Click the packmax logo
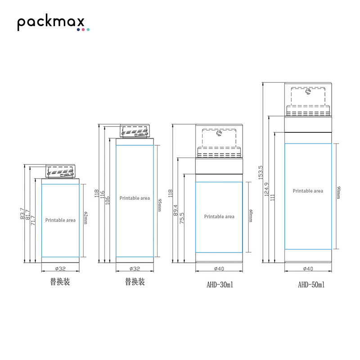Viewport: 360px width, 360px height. click(x=53, y=22)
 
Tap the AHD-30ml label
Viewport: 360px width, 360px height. click(x=220, y=285)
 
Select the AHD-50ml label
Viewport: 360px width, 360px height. click(x=311, y=285)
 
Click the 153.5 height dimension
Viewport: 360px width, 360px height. click(x=261, y=172)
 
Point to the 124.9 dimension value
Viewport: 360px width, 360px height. click(x=266, y=189)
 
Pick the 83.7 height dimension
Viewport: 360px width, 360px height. click(x=22, y=213)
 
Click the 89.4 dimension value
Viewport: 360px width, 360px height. click(x=175, y=210)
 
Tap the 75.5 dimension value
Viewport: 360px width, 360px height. click(x=182, y=218)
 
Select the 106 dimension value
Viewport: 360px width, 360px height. click(x=107, y=200)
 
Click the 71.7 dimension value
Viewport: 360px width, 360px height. click(x=33, y=220)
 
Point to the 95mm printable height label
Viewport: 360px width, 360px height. click(x=160, y=205)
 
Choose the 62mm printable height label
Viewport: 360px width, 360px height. click(x=85, y=218)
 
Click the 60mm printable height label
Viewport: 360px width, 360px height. click(x=251, y=216)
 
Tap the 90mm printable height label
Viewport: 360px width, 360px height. click(x=339, y=193)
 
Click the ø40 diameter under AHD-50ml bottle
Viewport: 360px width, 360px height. click(x=308, y=268)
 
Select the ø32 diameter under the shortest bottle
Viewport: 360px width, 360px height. click(x=60, y=268)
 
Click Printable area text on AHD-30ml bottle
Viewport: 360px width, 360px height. click(x=219, y=216)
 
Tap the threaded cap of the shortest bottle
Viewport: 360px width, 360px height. click(x=60, y=171)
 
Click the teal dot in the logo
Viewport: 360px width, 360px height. click(x=88, y=30)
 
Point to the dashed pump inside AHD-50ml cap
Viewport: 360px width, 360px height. click(x=308, y=101)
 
